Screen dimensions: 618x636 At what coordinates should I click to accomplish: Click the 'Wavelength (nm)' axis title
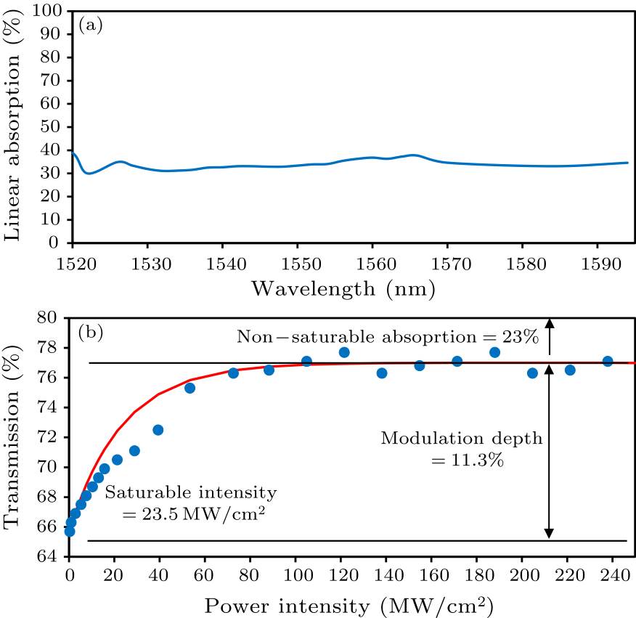click(x=342, y=289)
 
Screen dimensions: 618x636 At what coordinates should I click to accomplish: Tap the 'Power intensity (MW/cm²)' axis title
click(x=343, y=604)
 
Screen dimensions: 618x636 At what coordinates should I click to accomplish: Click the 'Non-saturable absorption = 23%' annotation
click(x=387, y=337)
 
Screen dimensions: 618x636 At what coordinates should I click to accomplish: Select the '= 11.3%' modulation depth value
click(x=462, y=460)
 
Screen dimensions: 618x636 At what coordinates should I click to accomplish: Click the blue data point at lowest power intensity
click(x=70, y=532)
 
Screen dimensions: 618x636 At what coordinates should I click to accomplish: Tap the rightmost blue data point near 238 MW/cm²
click(x=608, y=361)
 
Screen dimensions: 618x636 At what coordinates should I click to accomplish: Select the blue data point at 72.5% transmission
click(x=158, y=430)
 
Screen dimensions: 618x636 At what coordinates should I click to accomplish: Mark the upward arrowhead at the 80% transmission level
click(x=550, y=323)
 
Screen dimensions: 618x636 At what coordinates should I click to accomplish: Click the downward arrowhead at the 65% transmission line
click(x=550, y=534)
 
